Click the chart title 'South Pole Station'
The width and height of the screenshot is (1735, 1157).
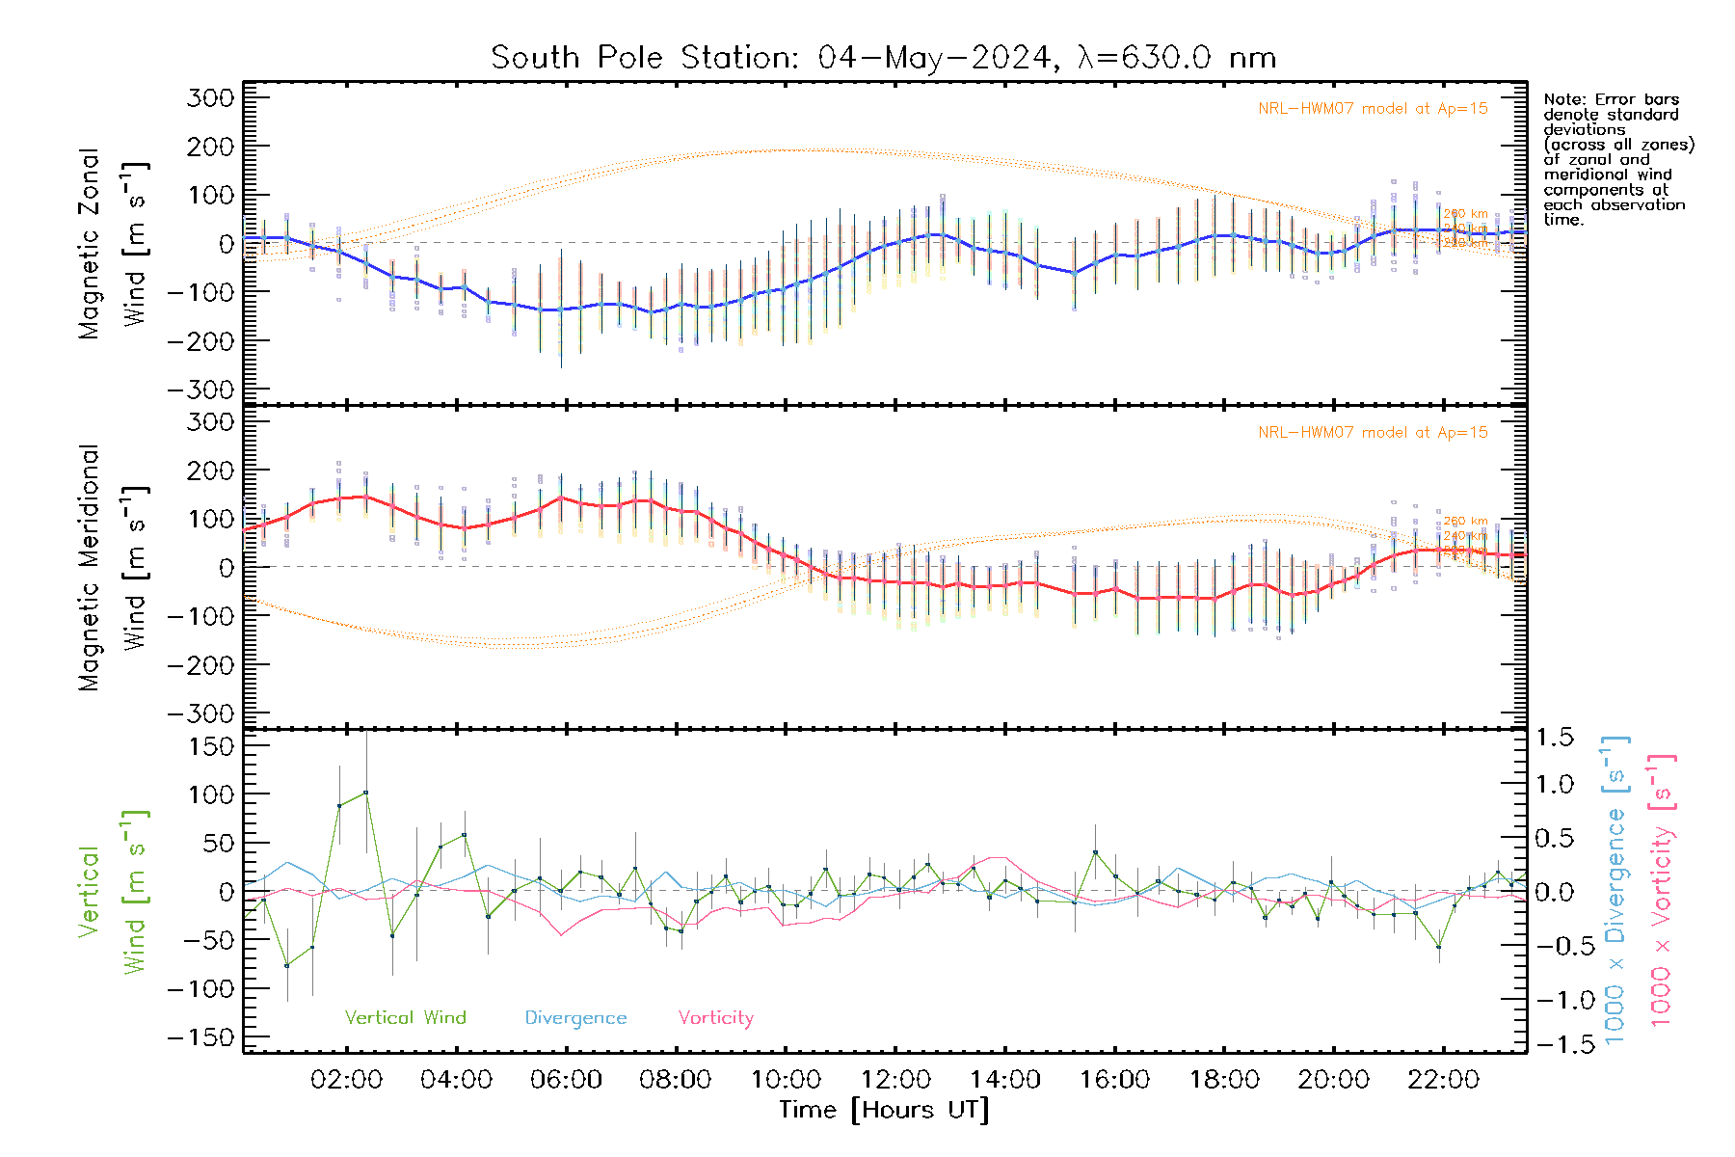click(883, 58)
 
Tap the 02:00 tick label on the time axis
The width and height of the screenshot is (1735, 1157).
click(346, 1080)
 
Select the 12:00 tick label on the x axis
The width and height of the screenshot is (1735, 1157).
click(895, 1080)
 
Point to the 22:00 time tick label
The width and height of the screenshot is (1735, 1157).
click(1443, 1080)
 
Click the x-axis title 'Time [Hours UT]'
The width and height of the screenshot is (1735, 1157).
click(883, 1110)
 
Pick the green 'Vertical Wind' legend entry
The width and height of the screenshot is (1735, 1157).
click(405, 1018)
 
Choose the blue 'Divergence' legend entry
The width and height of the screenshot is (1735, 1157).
click(575, 1018)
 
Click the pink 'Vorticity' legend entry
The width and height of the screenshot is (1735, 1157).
click(715, 1018)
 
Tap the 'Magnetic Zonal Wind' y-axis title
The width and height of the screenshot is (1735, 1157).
click(114, 243)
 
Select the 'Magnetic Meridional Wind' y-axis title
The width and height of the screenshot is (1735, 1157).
click(114, 567)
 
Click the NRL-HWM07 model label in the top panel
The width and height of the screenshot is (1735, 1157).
click(1373, 109)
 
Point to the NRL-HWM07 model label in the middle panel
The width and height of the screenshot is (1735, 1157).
click(1373, 433)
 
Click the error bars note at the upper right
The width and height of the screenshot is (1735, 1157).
click(1617, 159)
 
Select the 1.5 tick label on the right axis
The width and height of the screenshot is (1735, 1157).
click(1554, 738)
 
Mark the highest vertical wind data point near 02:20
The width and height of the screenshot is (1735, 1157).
click(365, 793)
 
